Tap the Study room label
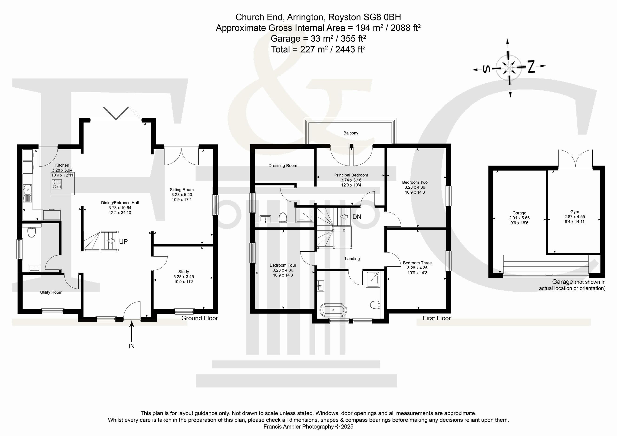coord(184,272)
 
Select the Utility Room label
coord(51,292)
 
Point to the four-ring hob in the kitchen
coord(57,184)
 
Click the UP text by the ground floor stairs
coord(123,242)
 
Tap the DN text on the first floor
coord(357,217)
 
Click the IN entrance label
coord(131,346)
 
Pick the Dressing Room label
coord(283,166)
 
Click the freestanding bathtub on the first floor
coord(333,310)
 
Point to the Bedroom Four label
coord(283,265)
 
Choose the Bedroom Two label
coord(415,182)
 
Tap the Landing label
coord(352,259)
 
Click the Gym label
coord(575,212)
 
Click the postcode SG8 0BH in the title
coord(382,17)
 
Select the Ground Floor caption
coord(199,318)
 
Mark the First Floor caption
coord(437,318)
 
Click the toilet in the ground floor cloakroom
coord(32,232)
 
